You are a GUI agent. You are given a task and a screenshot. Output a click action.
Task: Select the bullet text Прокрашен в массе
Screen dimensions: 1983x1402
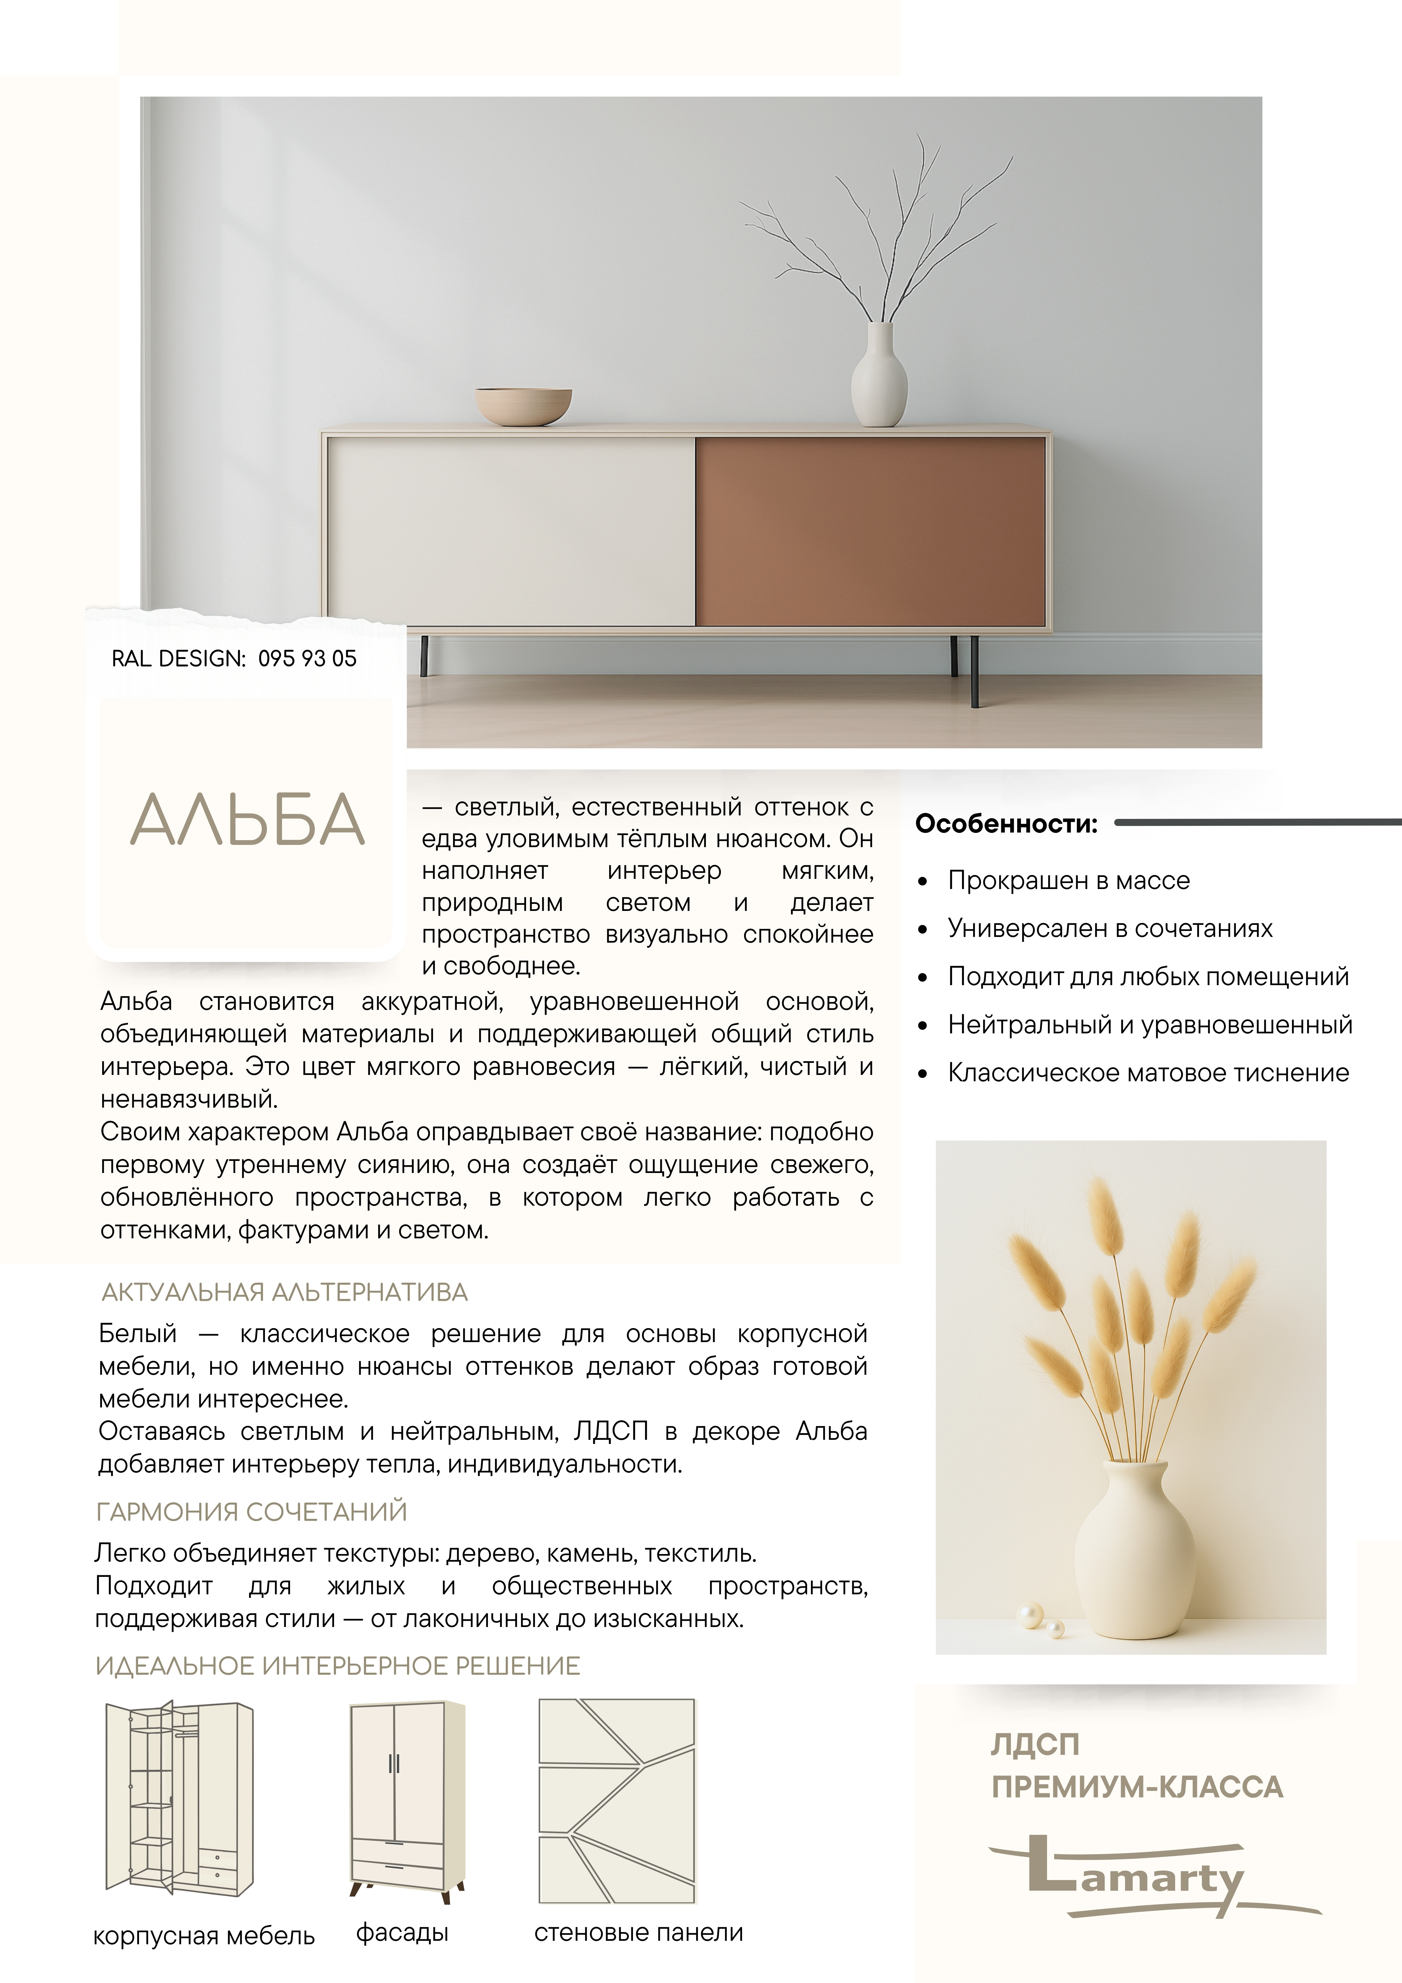coord(1069,881)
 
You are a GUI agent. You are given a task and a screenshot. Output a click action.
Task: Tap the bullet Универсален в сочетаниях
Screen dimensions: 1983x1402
coord(1110,928)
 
